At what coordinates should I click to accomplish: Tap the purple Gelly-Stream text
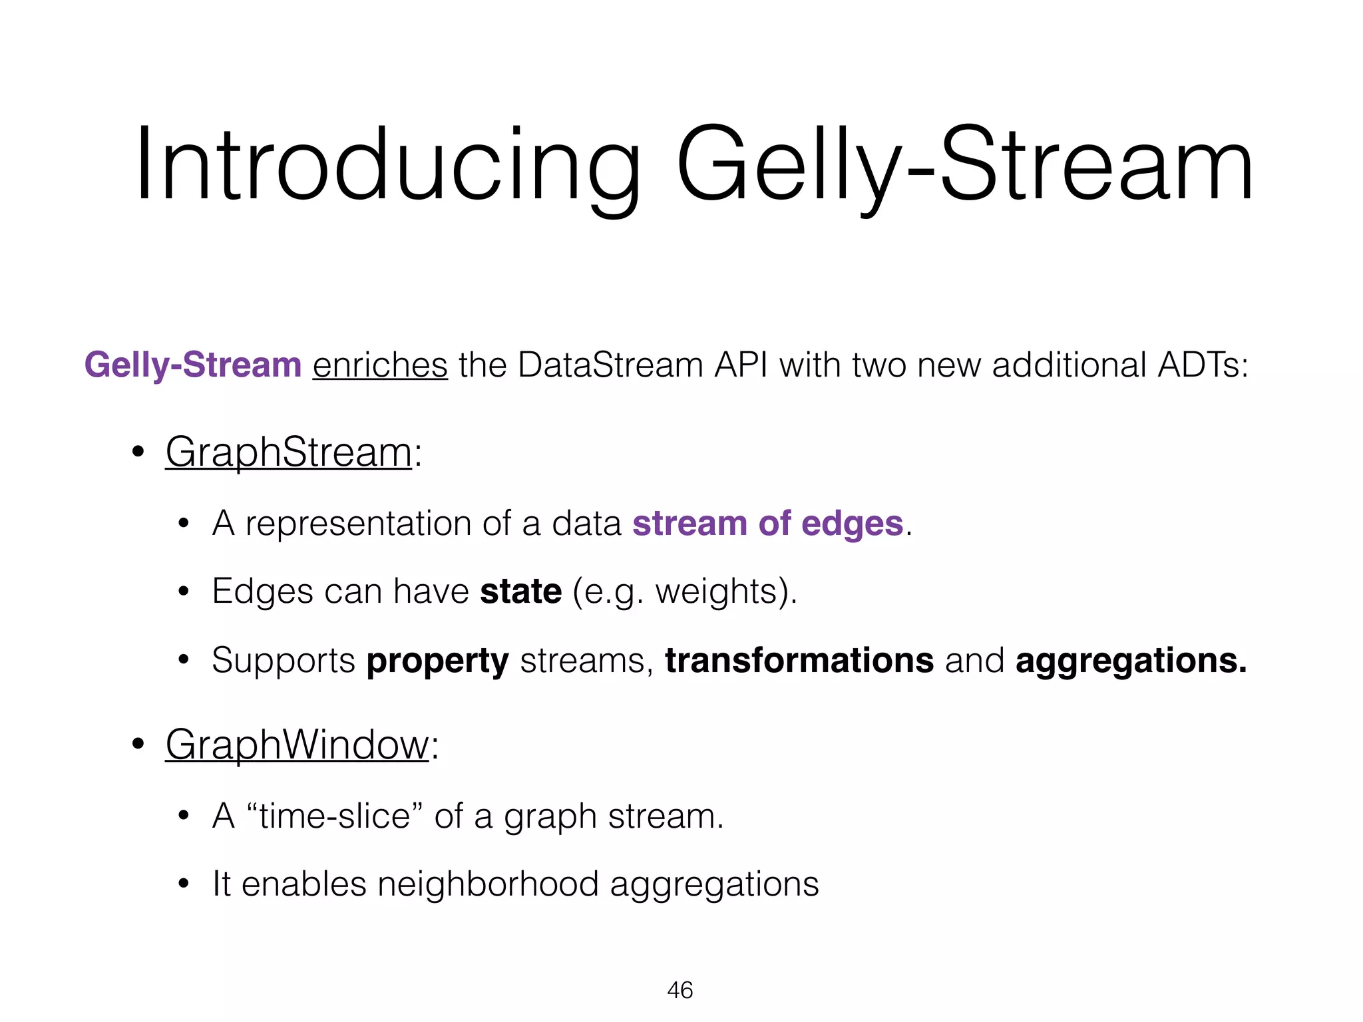click(193, 365)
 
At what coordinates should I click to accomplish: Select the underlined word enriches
click(380, 365)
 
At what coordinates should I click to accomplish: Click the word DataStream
click(610, 365)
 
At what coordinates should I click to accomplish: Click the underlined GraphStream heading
click(288, 452)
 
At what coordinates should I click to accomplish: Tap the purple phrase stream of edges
click(767, 523)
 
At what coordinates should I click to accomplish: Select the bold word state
click(520, 591)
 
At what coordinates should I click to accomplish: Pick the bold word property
click(437, 661)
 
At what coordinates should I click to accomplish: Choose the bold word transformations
click(799, 661)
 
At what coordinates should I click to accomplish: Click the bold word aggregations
click(1131, 661)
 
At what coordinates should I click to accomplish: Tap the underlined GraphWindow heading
click(297, 745)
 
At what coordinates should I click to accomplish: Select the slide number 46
click(680, 990)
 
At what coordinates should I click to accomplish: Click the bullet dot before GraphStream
click(138, 452)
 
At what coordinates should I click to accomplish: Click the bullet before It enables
click(184, 885)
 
